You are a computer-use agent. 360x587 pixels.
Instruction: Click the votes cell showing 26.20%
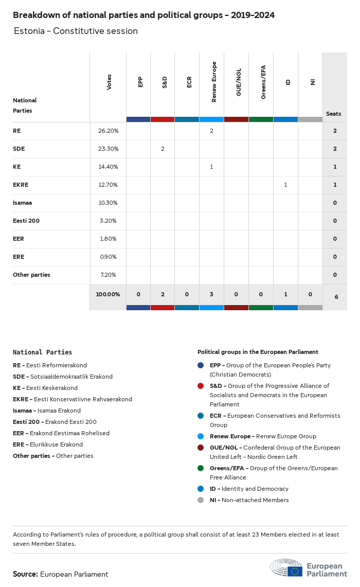(x=108, y=131)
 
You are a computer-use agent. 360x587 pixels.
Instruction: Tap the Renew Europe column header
(x=214, y=82)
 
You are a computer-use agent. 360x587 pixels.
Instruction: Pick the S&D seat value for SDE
(x=163, y=149)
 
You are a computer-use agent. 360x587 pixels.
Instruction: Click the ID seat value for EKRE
(x=285, y=185)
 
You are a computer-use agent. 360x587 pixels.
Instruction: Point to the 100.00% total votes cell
(x=108, y=294)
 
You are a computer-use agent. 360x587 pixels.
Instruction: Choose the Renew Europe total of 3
(x=211, y=294)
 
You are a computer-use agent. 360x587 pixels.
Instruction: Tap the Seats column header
(x=333, y=114)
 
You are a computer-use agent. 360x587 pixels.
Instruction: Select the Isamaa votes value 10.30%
(x=108, y=203)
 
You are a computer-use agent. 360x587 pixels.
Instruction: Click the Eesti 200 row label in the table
(x=26, y=221)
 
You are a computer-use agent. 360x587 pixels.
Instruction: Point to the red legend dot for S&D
(x=201, y=386)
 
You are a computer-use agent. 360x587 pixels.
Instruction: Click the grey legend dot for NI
(x=201, y=500)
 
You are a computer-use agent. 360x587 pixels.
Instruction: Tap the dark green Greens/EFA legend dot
(x=201, y=468)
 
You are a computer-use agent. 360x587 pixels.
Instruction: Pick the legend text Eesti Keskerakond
(x=52, y=388)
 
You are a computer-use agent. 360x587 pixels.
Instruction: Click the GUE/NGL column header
(x=239, y=82)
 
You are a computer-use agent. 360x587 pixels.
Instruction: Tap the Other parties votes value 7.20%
(x=108, y=275)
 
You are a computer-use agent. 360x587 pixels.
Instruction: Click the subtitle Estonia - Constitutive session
(x=76, y=31)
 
